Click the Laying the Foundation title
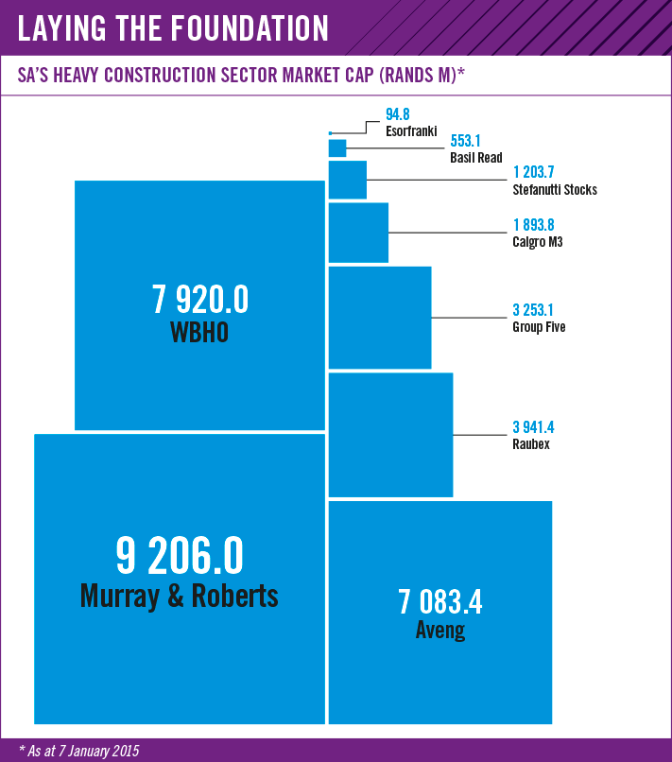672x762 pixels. (174, 28)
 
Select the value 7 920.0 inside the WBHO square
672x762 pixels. (199, 301)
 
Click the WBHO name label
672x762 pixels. (199, 333)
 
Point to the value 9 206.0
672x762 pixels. (180, 557)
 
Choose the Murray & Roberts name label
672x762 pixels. (180, 596)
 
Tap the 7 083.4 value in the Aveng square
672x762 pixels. (440, 600)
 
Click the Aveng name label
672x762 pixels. (440, 630)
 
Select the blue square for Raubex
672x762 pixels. (390, 435)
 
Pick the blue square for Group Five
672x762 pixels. (379, 317)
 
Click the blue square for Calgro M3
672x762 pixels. (358, 232)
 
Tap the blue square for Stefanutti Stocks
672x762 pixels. (347, 180)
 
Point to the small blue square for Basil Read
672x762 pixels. (337, 148)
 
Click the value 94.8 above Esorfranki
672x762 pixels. (398, 114)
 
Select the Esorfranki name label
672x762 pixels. (410, 130)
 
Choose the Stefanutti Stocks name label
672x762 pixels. (555, 189)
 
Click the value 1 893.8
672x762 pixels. (532, 226)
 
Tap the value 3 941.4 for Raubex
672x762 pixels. (532, 427)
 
